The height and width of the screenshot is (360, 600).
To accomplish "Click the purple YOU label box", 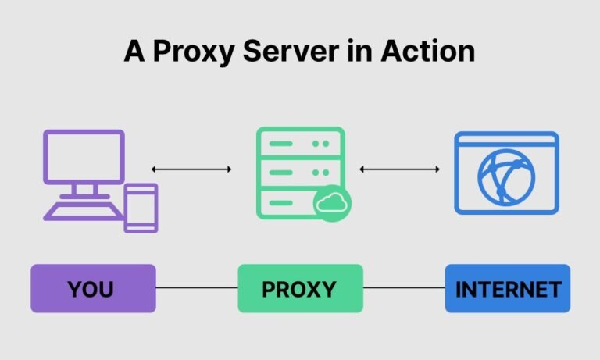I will click(93, 289).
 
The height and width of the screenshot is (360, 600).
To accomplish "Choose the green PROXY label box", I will click(300, 289).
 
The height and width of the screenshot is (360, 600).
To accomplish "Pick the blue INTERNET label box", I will click(508, 289).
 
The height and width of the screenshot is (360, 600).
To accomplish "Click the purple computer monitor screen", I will click(84, 159).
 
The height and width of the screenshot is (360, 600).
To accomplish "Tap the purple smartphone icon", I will click(141, 208).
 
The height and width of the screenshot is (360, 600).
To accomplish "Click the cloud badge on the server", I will click(332, 204).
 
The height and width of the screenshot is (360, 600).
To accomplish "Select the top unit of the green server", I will click(300, 144).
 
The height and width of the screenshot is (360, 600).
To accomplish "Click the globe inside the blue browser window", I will click(507, 179).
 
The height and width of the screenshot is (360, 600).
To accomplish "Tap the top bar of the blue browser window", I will click(507, 140).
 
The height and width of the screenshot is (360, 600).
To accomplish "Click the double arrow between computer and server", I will click(191, 169).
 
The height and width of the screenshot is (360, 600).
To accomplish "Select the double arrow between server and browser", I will click(399, 169).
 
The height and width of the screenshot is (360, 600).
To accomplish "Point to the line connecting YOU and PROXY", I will click(197, 288).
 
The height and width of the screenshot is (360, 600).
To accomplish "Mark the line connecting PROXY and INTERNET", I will click(404, 288).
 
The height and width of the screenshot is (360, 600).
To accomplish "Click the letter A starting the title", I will click(134, 52).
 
